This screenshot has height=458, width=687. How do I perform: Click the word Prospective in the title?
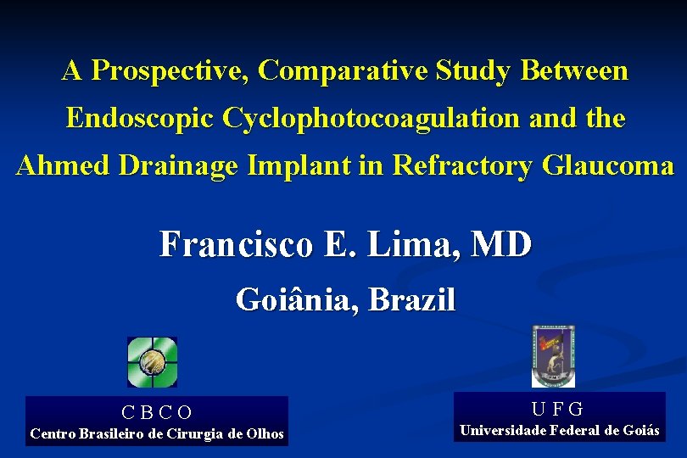[167, 71]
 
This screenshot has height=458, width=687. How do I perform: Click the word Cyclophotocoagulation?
[371, 119]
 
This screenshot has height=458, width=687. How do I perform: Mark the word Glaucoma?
[605, 165]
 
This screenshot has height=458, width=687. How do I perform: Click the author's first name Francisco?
[235, 246]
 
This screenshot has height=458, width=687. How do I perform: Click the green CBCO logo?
[152, 362]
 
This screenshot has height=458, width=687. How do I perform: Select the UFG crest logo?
[553, 357]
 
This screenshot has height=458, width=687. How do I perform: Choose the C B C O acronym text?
[157, 413]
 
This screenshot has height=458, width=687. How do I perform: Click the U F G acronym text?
[557, 409]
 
